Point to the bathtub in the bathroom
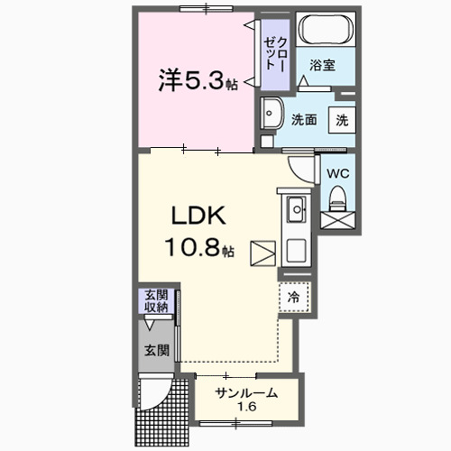pos(324,32)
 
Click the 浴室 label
pos(322,65)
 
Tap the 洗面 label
pos(303,119)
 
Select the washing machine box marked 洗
pos(342,119)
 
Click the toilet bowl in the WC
pos(338,196)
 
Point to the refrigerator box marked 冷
pos(294,295)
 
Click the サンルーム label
pos(245,392)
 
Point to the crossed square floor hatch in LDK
pos(262,253)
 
